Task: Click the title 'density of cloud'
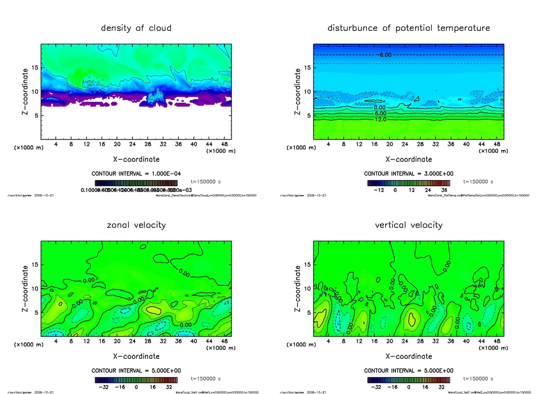[x=136, y=28]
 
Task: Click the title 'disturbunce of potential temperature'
[x=408, y=28]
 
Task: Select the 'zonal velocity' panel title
[x=136, y=225]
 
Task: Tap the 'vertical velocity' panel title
[x=408, y=225]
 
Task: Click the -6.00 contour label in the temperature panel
[x=385, y=55]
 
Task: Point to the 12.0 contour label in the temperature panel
[x=380, y=120]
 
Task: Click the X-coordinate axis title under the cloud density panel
[x=136, y=159]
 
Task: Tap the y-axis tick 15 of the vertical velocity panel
[x=308, y=265]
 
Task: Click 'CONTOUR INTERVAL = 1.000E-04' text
[x=136, y=174]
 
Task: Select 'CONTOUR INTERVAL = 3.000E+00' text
[x=408, y=174]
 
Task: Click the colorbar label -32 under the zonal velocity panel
[x=105, y=387]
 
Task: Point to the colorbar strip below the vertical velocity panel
[x=408, y=380]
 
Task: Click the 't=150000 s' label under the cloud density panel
[x=205, y=182]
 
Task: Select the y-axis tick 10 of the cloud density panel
[x=35, y=92]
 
